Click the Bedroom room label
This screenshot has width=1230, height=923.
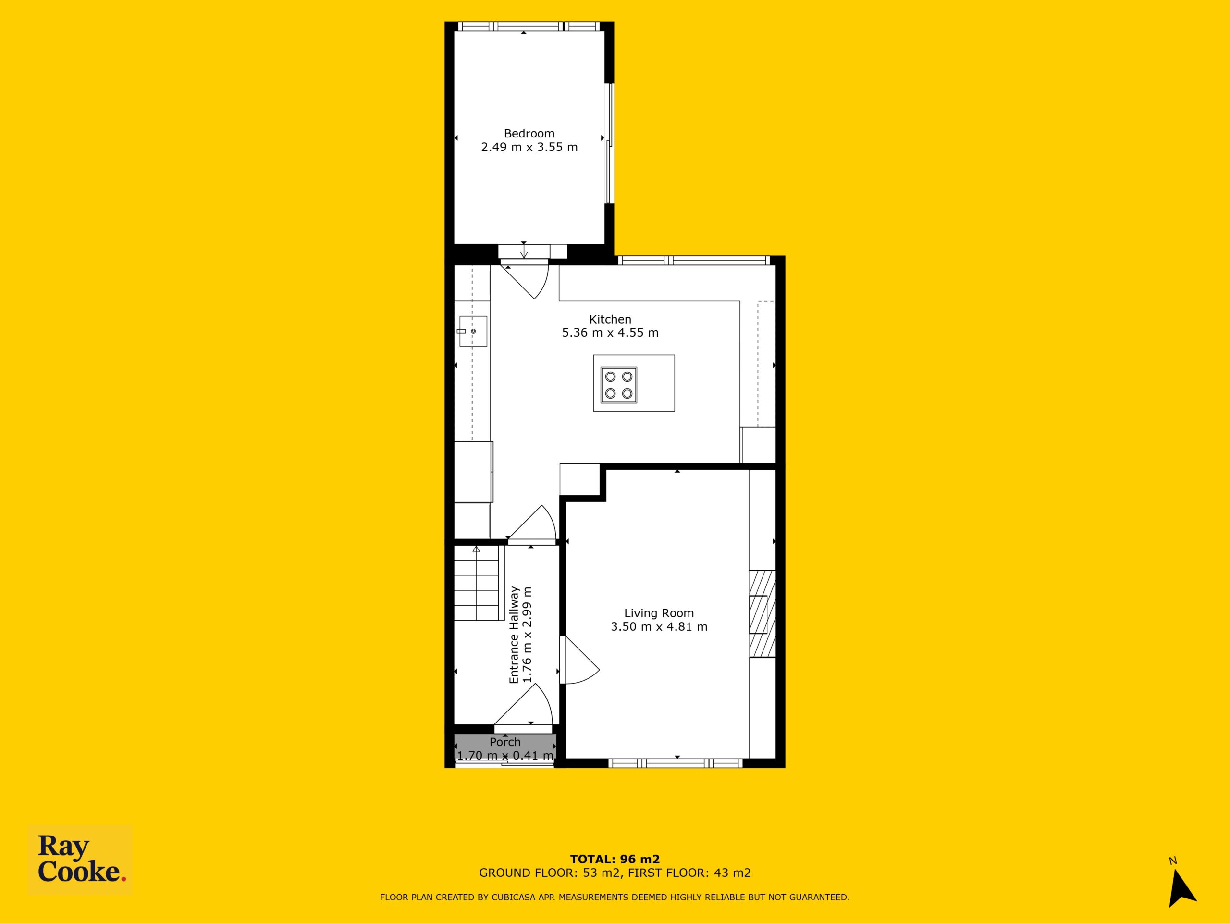pyautogui.click(x=529, y=134)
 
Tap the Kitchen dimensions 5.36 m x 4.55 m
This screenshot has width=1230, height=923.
pyautogui.click(x=610, y=333)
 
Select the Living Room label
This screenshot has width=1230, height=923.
pyautogui.click(x=659, y=613)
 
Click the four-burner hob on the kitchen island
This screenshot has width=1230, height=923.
pyautogui.click(x=619, y=385)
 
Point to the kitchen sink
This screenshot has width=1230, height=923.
pyautogui.click(x=473, y=332)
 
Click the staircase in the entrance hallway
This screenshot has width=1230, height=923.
pyautogui.click(x=477, y=583)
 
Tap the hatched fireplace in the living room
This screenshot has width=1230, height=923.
pyautogui.click(x=763, y=614)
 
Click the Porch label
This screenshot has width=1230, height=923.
pyautogui.click(x=505, y=742)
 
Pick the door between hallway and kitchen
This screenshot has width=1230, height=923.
pyautogui.click(x=532, y=523)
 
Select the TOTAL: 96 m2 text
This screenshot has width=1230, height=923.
pyautogui.click(x=615, y=860)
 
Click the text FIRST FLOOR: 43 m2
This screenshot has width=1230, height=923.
pyautogui.click(x=689, y=873)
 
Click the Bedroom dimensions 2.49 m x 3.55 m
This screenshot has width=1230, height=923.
pyautogui.click(x=529, y=148)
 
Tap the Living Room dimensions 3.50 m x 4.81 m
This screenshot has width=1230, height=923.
pyautogui.click(x=659, y=627)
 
